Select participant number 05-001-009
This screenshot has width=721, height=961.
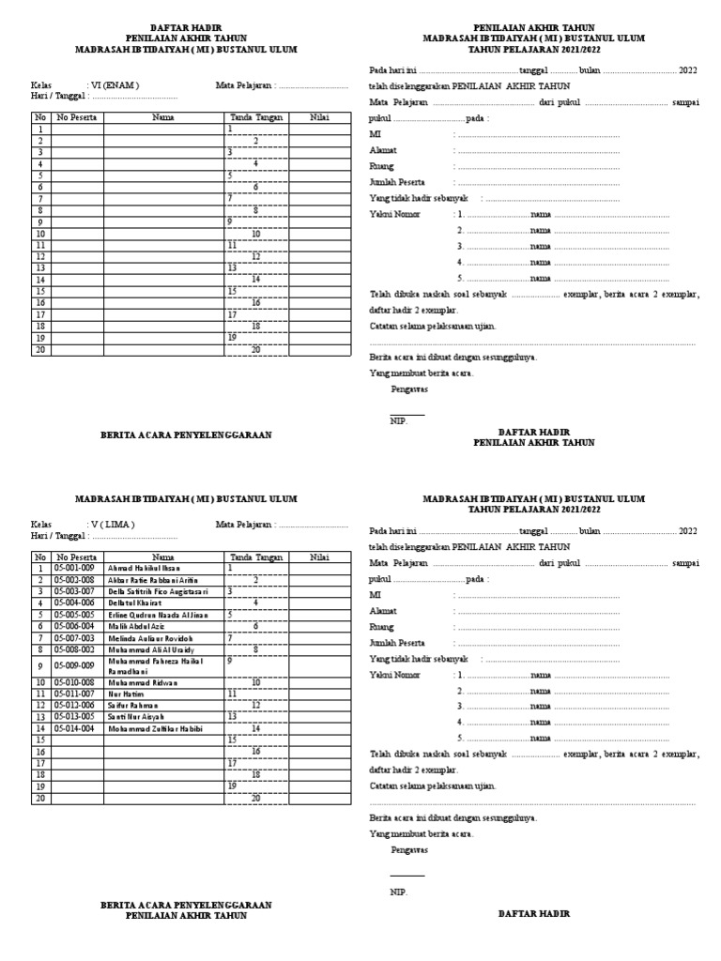point(75,569)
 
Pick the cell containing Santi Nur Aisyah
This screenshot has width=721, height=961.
point(135,715)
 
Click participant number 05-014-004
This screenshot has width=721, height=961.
point(75,727)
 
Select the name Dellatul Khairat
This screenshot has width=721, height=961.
point(135,603)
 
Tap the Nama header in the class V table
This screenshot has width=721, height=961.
point(163,557)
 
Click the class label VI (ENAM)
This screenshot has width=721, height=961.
point(114,84)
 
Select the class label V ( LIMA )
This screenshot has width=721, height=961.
point(113,524)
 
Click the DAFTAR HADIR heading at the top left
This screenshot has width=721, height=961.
point(176,28)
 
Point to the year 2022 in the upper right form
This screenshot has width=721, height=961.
point(688,70)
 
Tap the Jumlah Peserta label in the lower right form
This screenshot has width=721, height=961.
point(396,643)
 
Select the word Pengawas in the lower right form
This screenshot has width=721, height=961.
point(409,849)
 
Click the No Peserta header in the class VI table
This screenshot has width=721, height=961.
point(76,117)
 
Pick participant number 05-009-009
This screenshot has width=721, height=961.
point(75,665)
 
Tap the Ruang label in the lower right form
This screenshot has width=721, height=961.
point(381,627)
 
